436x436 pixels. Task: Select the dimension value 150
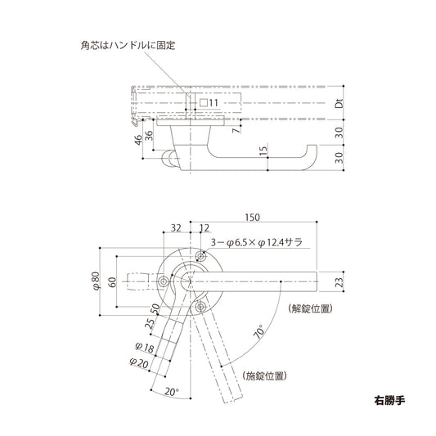[253, 218]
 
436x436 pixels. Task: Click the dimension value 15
[263, 151]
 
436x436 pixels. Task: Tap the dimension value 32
[177, 228]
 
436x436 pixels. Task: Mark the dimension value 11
[214, 103]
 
